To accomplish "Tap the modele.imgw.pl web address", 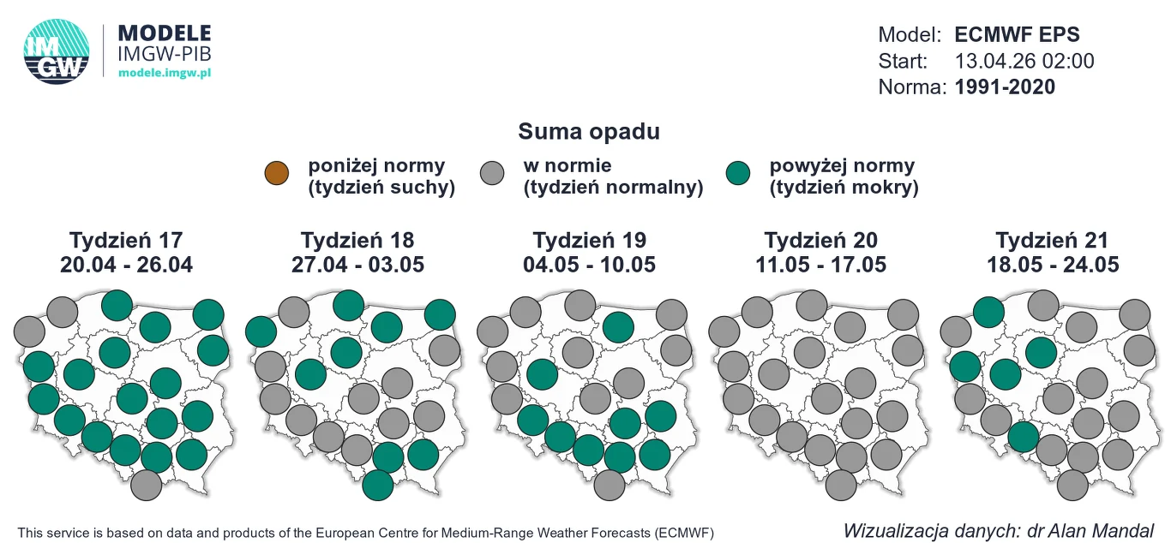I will click(164, 73).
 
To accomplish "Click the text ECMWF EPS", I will click(1017, 35).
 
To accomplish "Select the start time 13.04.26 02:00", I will click(1024, 61).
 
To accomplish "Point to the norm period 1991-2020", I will click(1005, 87).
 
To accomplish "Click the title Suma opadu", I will click(589, 132).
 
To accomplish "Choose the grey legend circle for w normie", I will click(495, 173).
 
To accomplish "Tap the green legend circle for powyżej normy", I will click(737, 173).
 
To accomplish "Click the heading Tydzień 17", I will click(126, 240).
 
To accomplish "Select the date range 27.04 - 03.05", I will click(357, 265).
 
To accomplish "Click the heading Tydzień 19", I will click(589, 240).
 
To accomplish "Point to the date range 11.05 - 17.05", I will click(820, 265).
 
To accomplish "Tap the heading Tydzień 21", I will click(1052, 240).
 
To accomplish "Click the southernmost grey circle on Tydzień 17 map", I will click(147, 486).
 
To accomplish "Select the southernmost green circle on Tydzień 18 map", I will click(378, 486).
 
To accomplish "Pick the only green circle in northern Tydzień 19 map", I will click(617, 326).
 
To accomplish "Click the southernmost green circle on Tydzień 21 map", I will click(1023, 437).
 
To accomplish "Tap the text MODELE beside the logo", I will click(164, 33).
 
